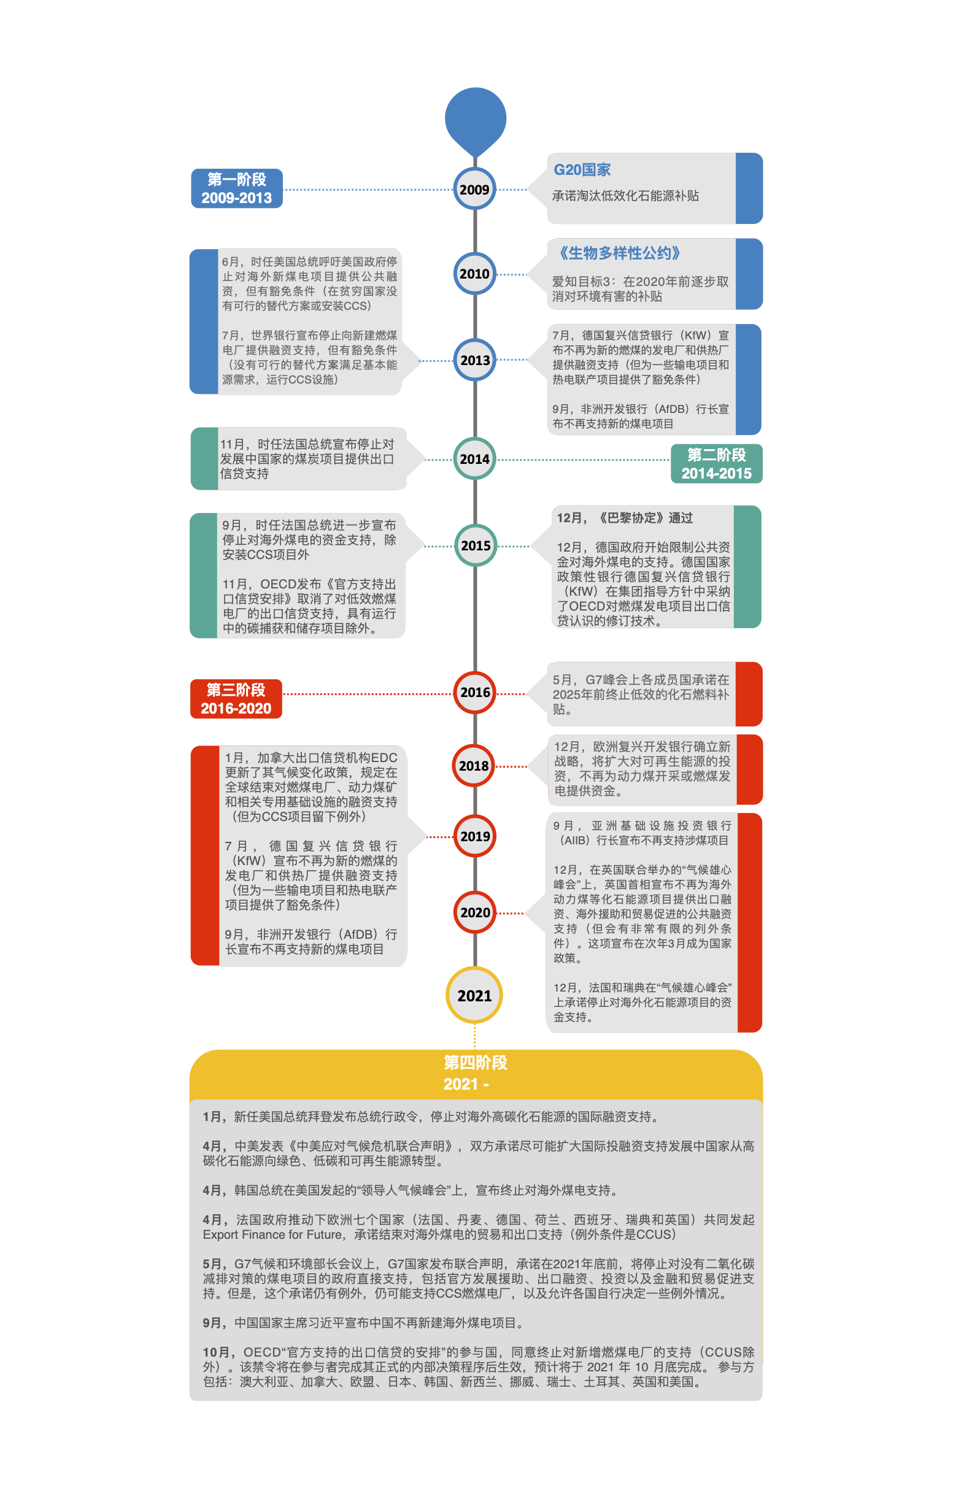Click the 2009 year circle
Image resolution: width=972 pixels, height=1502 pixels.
(474, 190)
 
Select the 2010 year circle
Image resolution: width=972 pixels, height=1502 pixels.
(474, 274)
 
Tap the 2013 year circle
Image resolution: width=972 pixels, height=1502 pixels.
(474, 360)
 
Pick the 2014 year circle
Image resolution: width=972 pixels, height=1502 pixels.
(474, 459)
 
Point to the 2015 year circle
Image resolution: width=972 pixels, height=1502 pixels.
(476, 545)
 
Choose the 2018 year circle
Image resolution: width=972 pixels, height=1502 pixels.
(474, 766)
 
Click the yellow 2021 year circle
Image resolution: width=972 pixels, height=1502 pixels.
(474, 995)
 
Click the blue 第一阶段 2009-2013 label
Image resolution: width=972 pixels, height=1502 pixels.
(237, 188)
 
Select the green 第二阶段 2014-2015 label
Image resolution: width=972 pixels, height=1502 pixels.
(716, 464)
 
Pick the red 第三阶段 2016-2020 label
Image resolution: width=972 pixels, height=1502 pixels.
(236, 699)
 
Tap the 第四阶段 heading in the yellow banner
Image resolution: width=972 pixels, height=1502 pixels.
(476, 1063)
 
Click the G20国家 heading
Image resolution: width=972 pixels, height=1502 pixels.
(582, 170)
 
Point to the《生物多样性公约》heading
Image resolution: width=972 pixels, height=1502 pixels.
(619, 253)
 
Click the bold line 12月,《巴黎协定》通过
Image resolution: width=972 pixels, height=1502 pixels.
(624, 518)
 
